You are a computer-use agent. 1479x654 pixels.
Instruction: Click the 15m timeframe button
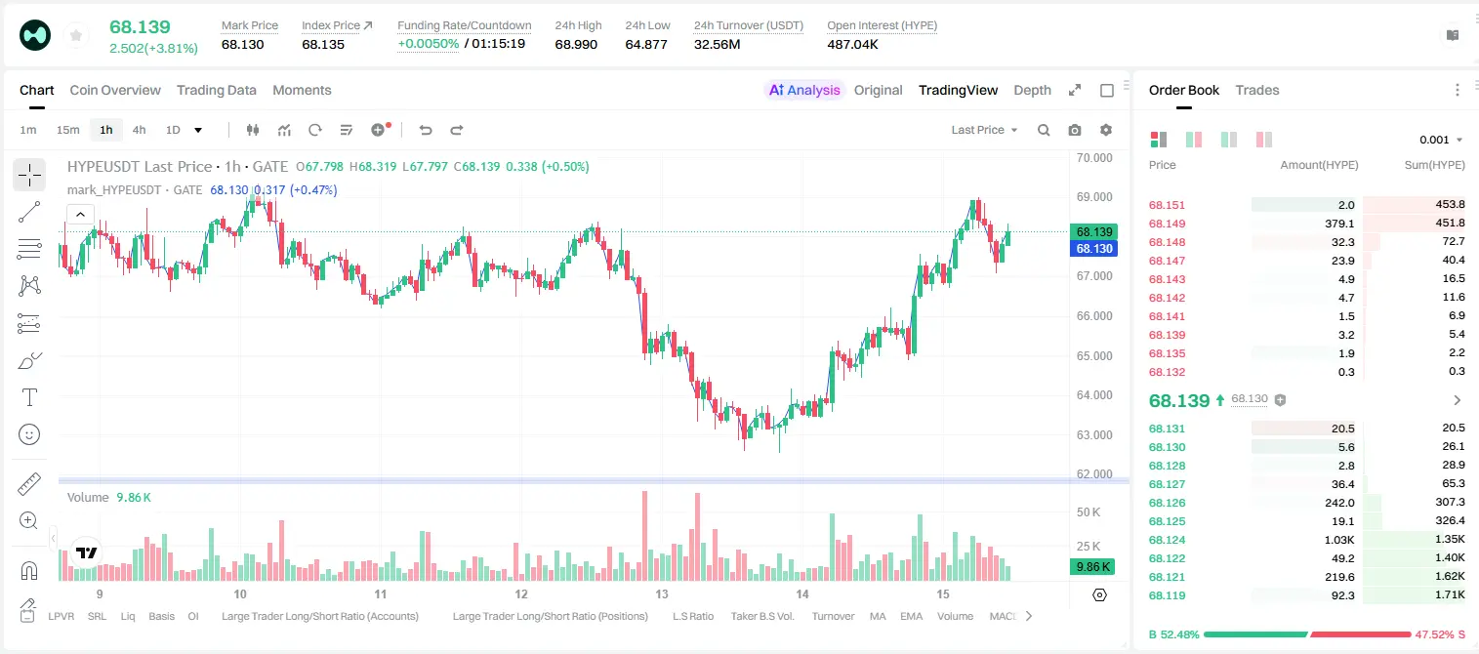pos(67,130)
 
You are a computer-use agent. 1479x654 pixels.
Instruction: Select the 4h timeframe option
pos(139,130)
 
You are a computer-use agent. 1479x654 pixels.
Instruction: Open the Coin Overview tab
pos(115,90)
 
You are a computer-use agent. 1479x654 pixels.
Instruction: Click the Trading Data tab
pos(216,90)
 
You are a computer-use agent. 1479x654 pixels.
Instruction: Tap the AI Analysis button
pos(804,90)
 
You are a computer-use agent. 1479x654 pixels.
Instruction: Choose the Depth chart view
pos(1032,90)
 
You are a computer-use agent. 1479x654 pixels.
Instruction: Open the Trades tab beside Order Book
pos(1257,90)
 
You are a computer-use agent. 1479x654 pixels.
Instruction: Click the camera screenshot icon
pos(1075,130)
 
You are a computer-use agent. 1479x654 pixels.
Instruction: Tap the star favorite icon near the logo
pos(76,35)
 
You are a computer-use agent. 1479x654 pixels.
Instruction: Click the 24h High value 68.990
pos(576,44)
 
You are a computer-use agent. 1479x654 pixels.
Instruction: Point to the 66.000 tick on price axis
pos(1094,316)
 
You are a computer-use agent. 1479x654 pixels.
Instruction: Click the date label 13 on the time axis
pos(662,593)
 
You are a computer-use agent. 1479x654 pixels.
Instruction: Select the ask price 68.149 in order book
pos(1167,224)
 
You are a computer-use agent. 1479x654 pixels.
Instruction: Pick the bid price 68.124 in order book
pos(1167,540)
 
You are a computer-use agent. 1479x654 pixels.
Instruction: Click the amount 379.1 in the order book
pos(1339,224)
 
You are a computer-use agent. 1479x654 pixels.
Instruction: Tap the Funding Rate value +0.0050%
pos(428,44)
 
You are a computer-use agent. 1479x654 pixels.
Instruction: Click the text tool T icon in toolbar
pos(29,397)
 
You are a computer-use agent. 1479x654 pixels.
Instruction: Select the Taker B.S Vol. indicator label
pos(761,616)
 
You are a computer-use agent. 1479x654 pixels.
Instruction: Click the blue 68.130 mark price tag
pos(1093,249)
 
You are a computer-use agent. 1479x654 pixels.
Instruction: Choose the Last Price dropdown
pos(984,130)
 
